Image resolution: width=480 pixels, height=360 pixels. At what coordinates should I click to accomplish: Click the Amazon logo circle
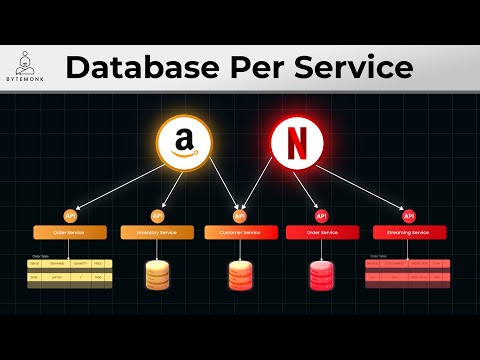[185, 145]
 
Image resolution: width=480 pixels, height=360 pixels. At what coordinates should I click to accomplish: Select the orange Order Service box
[70, 232]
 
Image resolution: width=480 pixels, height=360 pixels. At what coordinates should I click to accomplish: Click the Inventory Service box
[156, 232]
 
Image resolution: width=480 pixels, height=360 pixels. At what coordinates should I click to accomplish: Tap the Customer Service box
[239, 232]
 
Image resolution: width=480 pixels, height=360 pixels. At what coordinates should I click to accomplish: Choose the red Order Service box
[322, 232]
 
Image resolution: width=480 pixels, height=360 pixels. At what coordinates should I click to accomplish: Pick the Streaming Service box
[406, 232]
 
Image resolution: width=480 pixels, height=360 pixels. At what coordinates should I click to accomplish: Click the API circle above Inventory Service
[156, 215]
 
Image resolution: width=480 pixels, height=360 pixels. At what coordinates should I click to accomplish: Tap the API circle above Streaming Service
[406, 215]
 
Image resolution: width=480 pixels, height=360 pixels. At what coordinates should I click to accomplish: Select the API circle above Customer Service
[239, 215]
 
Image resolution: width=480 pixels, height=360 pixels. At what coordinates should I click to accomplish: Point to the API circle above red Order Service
[322, 215]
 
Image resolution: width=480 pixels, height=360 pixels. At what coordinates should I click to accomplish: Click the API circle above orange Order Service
[70, 215]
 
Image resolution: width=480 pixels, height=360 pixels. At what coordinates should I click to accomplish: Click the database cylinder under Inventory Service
[156, 274]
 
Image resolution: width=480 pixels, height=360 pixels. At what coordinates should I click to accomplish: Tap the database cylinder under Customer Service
[239, 274]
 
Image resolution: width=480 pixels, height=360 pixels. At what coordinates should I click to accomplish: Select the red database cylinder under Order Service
[322, 274]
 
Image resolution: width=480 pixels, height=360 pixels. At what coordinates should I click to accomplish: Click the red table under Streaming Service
[406, 271]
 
